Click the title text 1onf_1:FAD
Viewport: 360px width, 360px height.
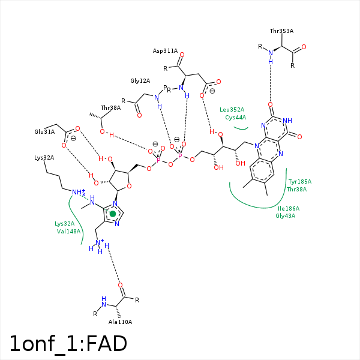pos(68,343)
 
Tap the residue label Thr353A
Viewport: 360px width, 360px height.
pos(281,31)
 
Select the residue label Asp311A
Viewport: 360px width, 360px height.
pos(165,51)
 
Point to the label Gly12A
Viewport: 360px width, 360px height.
pos(140,80)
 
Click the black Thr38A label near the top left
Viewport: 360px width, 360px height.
pos(110,108)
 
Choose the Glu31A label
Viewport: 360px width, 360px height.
pos(44,131)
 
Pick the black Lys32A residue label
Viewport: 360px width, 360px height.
pos(44,157)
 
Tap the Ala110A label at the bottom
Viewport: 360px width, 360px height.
pos(120,322)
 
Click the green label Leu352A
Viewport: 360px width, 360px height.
pos(232,110)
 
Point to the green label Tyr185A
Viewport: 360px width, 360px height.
pos(299,181)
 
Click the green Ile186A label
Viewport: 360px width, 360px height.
pos(288,208)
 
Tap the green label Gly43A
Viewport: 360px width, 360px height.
pos(286,215)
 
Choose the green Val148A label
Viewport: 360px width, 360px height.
pos(68,231)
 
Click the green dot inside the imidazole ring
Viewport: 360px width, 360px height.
pos(113,214)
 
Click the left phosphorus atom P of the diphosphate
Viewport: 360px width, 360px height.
pos(158,161)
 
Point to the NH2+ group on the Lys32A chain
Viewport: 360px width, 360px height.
pos(78,193)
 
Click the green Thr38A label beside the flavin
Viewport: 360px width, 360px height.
pos(296,189)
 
